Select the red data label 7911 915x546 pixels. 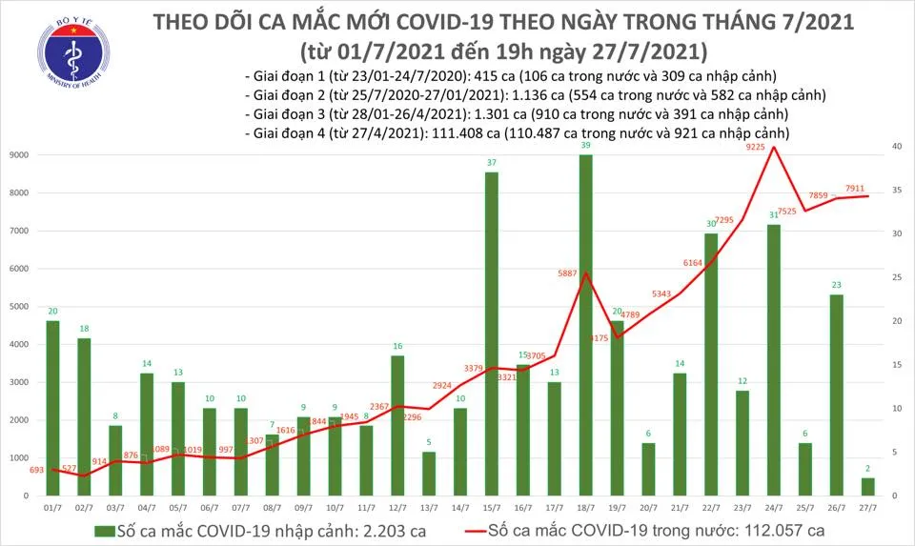pyautogui.click(x=854, y=188)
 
